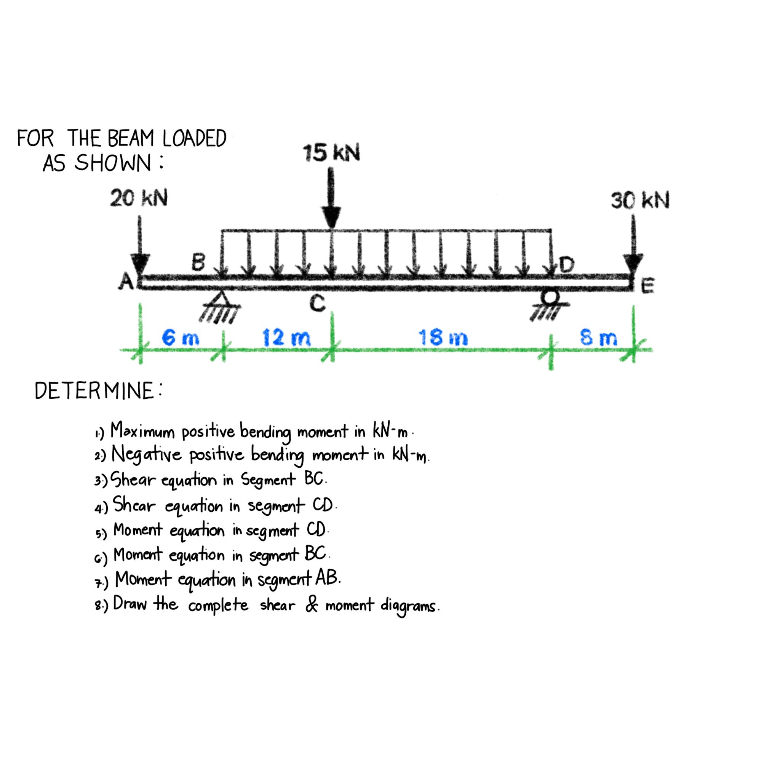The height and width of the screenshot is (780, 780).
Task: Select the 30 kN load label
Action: click(x=640, y=200)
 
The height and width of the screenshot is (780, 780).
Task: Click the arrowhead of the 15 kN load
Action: click(x=331, y=218)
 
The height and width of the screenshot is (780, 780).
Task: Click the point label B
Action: click(x=198, y=262)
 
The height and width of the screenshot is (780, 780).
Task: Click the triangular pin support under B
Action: click(x=220, y=298)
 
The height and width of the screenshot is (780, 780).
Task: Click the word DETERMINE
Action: click(x=95, y=391)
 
